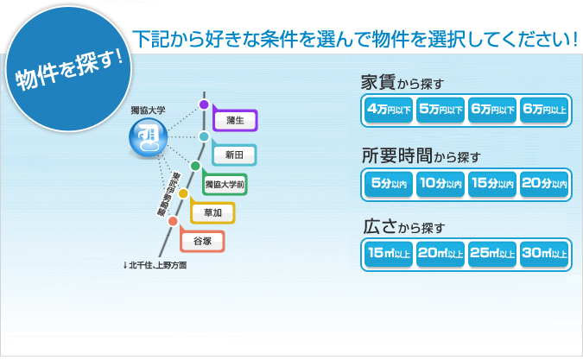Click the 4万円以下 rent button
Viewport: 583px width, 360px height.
pos(388,110)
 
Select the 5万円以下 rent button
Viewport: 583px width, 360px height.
pos(440,110)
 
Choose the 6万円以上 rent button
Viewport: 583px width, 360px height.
pos(545,110)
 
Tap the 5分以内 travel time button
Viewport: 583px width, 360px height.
pos(388,182)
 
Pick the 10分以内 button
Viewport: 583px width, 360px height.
pos(440,182)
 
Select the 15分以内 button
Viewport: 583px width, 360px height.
pos(492,182)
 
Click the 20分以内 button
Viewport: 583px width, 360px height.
pos(545,182)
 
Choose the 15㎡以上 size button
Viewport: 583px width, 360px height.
pos(388,254)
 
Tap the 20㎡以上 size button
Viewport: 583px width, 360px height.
pos(440,254)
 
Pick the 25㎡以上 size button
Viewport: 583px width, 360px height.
pos(492,254)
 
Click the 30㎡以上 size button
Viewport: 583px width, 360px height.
pos(545,254)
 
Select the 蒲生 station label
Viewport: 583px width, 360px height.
pos(235,119)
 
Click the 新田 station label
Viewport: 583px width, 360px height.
pos(235,154)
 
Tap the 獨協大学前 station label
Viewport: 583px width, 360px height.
pos(224,184)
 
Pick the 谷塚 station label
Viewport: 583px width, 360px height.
pos(202,241)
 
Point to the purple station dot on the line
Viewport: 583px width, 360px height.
pos(204,104)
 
